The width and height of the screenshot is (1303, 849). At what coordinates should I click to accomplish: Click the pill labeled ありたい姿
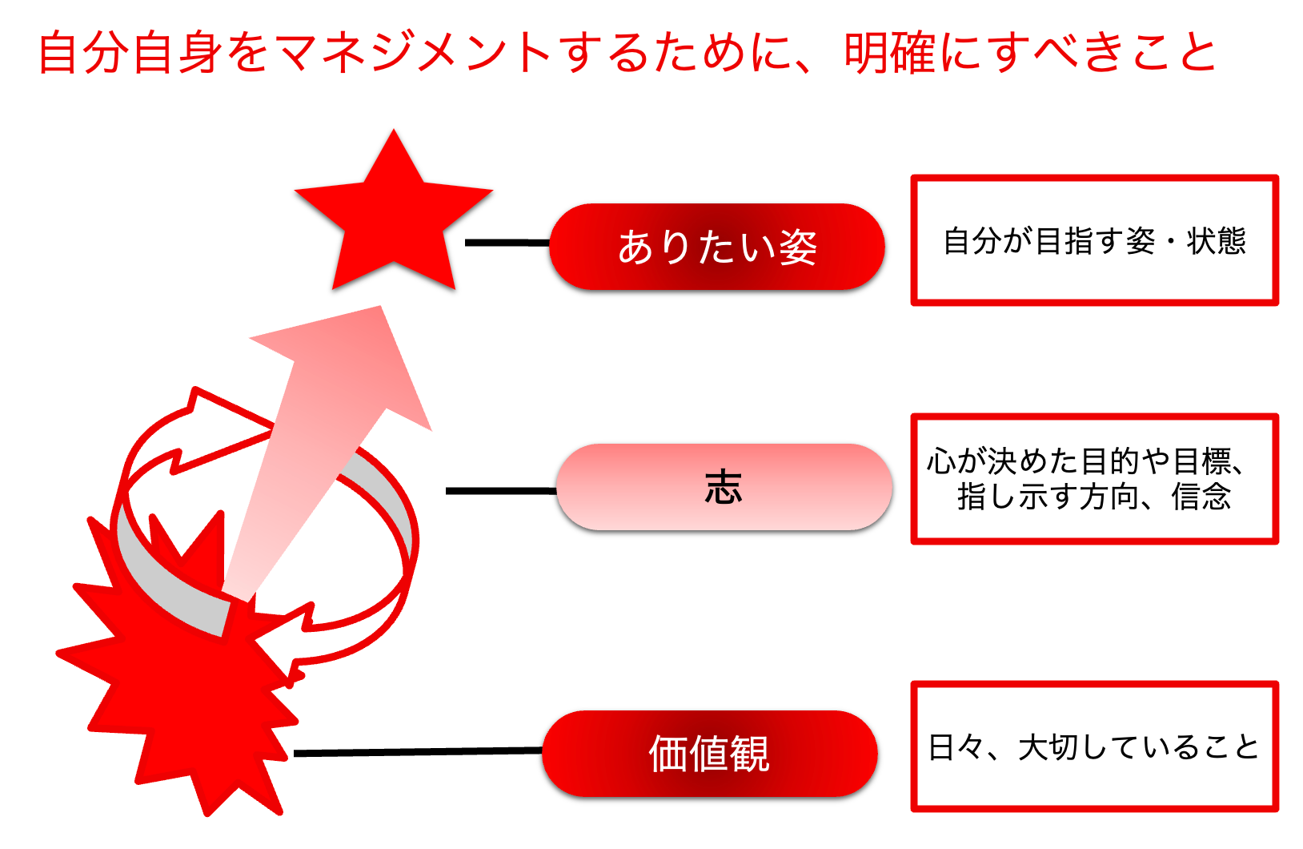click(x=717, y=247)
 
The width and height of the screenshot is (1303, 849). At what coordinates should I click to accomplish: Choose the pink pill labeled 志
click(x=724, y=487)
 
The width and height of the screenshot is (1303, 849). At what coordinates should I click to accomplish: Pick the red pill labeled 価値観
click(x=709, y=754)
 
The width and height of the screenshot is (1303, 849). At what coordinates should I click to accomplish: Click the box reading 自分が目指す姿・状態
click(x=1094, y=240)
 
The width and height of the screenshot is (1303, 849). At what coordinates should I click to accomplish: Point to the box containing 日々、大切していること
click(x=1094, y=746)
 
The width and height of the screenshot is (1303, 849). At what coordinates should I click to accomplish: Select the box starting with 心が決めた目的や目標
click(x=1094, y=479)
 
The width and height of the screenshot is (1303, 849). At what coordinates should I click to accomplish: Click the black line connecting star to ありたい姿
click(x=507, y=242)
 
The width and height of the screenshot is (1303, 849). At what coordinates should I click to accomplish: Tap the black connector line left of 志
click(x=500, y=490)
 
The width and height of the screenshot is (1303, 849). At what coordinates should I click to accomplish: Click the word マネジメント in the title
click(x=413, y=53)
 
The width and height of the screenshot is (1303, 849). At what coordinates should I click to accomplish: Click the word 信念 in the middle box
click(x=1201, y=497)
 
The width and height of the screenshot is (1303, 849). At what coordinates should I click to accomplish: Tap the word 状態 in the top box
click(x=1217, y=240)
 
